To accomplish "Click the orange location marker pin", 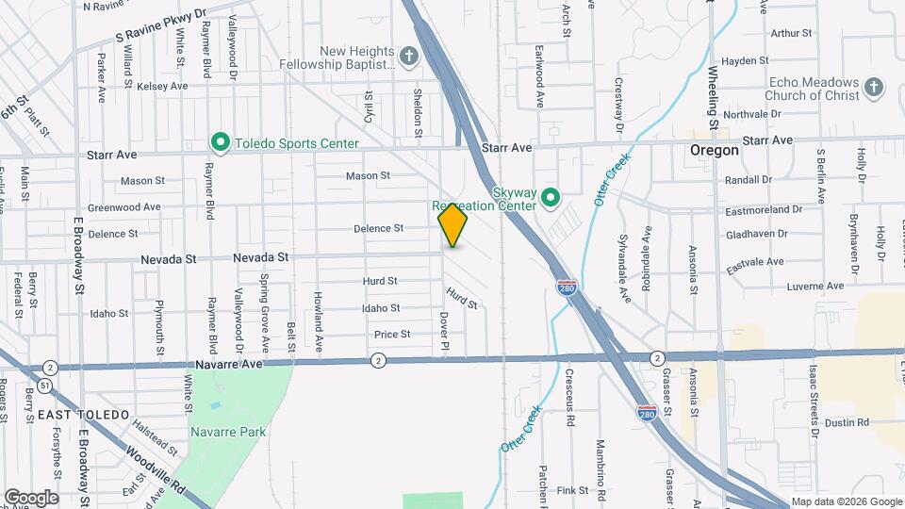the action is (453, 225).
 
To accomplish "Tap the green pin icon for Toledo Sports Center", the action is (220, 143).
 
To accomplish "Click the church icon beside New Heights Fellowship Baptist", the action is (408, 57).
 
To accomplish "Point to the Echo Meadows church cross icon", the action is (874, 88).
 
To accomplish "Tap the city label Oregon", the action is (715, 151).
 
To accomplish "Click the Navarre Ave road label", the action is (230, 363).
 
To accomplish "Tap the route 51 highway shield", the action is (44, 386).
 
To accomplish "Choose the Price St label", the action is (392, 334).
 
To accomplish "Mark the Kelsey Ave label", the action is (163, 86).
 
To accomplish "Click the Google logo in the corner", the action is (31, 498).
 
